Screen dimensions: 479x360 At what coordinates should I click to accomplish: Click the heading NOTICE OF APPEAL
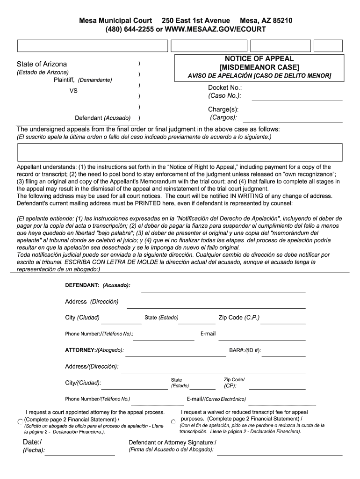pyautogui.click(x=259, y=59)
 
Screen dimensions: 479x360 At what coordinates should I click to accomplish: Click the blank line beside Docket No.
pyautogui.click(x=297, y=99)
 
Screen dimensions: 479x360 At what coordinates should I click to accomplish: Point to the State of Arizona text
pyautogui.click(x=42, y=64)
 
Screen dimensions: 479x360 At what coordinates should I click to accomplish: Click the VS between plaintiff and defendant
pyautogui.click(x=73, y=91)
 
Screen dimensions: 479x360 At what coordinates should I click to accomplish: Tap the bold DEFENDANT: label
pyautogui.click(x=82, y=285)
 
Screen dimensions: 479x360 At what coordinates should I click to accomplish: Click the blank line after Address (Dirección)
pyautogui.click(x=216, y=307)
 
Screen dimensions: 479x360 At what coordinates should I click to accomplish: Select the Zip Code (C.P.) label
pyautogui.click(x=239, y=318)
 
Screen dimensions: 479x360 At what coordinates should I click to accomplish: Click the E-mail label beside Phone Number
pyautogui.click(x=208, y=334)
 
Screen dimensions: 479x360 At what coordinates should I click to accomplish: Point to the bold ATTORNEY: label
pyautogui.click(x=80, y=350)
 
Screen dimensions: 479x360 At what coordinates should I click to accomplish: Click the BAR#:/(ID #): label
pyautogui.click(x=245, y=350)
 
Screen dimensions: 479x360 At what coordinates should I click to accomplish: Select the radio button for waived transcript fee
pyautogui.click(x=173, y=422)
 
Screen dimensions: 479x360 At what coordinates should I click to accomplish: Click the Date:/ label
pyautogui.click(x=32, y=443)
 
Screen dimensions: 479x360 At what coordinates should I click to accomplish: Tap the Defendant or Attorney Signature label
pyautogui.click(x=173, y=443)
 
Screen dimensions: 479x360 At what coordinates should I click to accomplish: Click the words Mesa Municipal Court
pyautogui.click(x=115, y=21)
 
